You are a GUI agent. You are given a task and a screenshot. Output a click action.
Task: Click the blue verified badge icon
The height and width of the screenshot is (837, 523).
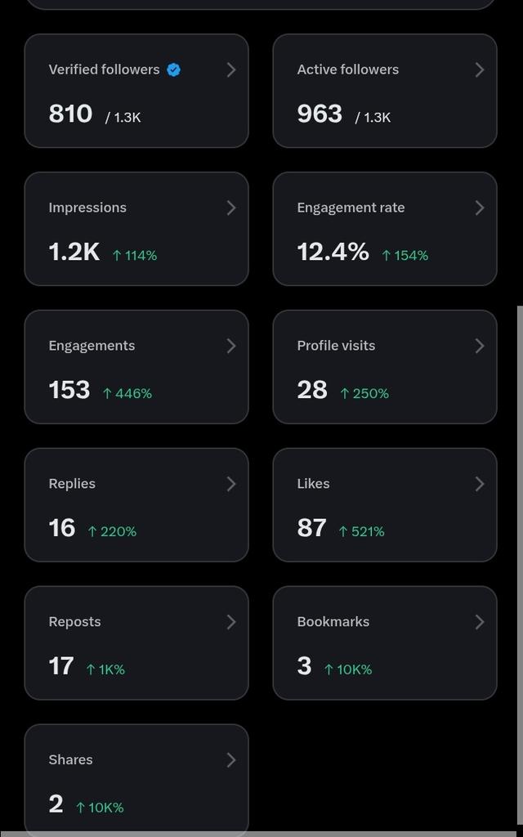click(173, 70)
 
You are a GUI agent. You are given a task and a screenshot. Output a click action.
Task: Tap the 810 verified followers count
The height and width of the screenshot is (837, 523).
click(70, 114)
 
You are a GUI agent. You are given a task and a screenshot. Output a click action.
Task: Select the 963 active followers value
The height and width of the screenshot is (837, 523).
click(320, 114)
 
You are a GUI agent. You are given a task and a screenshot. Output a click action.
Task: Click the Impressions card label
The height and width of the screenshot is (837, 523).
click(87, 208)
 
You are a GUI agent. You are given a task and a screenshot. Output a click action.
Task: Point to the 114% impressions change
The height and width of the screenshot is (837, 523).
click(135, 256)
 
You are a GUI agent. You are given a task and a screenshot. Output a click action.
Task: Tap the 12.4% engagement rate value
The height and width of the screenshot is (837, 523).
click(333, 252)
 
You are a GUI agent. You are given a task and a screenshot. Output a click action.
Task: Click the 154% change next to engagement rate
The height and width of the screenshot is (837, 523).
click(405, 256)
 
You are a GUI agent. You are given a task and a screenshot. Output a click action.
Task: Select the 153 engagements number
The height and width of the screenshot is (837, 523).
click(69, 390)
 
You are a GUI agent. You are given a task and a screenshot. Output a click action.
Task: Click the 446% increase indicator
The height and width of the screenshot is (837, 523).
click(127, 393)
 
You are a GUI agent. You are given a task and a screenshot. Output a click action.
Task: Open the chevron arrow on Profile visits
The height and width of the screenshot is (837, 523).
click(479, 346)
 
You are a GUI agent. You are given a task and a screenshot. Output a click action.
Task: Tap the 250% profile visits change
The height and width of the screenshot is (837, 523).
click(364, 393)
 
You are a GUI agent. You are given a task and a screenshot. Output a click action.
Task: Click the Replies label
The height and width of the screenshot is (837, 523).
click(72, 484)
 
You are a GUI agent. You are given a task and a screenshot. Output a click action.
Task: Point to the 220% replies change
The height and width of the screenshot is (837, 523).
click(112, 531)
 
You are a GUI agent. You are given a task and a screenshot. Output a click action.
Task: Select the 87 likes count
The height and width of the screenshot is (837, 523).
click(311, 528)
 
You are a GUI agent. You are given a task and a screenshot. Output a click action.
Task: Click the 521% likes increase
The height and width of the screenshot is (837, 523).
click(361, 531)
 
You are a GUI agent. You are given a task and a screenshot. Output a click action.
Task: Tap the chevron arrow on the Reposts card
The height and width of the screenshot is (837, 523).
click(231, 622)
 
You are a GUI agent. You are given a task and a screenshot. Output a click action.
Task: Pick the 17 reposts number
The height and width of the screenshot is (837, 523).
click(61, 665)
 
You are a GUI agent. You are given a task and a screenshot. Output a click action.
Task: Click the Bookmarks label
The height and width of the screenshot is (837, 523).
click(333, 622)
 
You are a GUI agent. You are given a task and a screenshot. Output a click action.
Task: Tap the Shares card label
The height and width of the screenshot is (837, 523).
click(70, 759)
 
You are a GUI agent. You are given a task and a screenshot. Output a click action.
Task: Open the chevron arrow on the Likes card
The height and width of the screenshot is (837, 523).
click(479, 484)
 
